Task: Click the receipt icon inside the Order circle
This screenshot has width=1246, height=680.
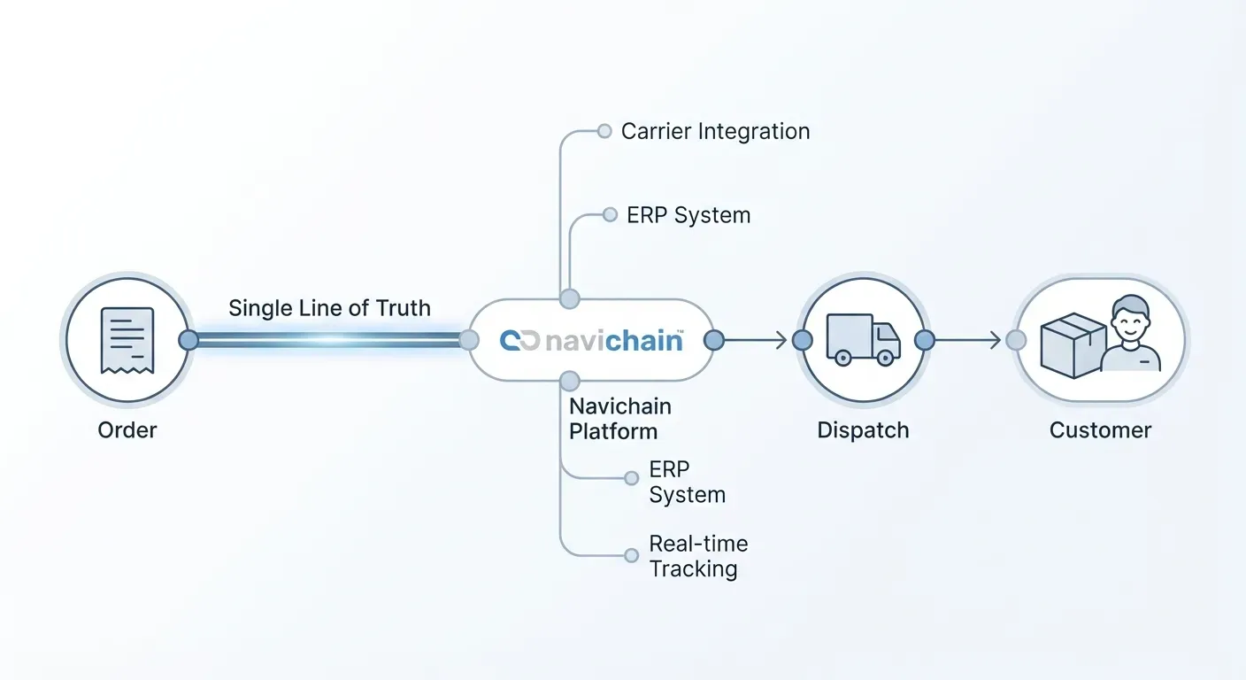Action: [x=127, y=340]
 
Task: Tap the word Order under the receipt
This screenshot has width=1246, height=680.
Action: [x=127, y=430]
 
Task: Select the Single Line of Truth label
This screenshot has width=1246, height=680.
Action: [x=329, y=308]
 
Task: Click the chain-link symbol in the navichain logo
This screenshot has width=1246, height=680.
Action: [x=519, y=341]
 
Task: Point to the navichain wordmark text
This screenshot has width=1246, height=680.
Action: [x=613, y=341]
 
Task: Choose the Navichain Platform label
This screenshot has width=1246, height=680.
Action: [x=619, y=419]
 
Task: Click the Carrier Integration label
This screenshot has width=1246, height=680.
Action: [x=715, y=131]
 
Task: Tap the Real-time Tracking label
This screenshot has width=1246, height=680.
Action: [x=697, y=556]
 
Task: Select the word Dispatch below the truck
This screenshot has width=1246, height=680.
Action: [x=863, y=430]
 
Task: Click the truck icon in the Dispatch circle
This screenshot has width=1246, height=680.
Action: [x=863, y=340]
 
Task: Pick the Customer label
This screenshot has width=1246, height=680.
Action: [x=1100, y=430]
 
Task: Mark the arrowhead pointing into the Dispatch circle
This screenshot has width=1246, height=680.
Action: [x=781, y=340]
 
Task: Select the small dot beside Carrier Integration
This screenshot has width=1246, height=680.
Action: [x=604, y=131]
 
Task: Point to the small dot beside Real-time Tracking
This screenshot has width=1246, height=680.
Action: [x=631, y=555]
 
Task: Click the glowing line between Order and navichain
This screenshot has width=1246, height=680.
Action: [x=327, y=340]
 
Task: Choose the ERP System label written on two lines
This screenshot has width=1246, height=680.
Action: [x=687, y=482]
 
